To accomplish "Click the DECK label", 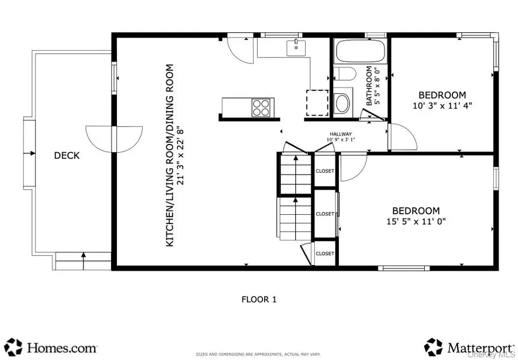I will point(67,156).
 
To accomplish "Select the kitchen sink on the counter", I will point(296,48).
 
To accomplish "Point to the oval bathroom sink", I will point(342,103).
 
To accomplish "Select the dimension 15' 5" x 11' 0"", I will point(416,221).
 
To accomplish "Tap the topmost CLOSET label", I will point(325,170).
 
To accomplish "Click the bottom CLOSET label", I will point(325,253).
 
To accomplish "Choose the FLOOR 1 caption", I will point(258,299).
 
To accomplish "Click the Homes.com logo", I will point(52,347).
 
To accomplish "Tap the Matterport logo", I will point(469,347).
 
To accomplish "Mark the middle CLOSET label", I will point(325,214).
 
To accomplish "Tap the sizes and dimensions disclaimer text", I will point(258,354).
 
